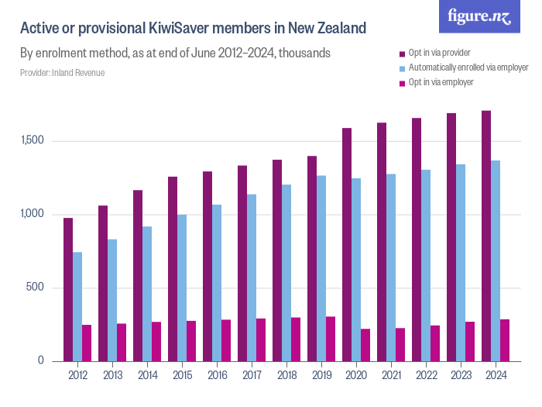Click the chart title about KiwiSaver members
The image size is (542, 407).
click(193, 29)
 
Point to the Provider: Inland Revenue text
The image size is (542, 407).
click(62, 72)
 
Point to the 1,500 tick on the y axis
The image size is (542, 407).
click(34, 141)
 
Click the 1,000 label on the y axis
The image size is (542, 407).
click(34, 214)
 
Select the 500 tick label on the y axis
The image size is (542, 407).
click(38, 288)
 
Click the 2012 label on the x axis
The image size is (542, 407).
click(77, 375)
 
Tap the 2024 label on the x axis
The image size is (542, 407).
click(496, 375)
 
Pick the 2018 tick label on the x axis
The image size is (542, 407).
click(286, 375)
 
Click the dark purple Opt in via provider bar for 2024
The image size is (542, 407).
click(486, 236)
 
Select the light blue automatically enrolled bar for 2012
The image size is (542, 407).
click(77, 306)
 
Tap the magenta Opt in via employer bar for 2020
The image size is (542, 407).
click(365, 345)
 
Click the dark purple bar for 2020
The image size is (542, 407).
click(347, 244)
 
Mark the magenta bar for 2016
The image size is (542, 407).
click(226, 340)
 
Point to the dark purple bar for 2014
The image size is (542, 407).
click(138, 275)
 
